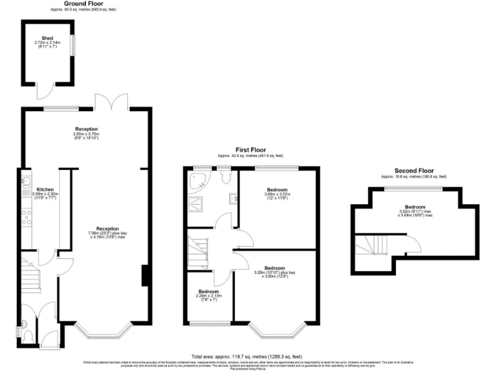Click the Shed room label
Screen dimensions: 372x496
point(47,38)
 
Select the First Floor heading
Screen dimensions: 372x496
point(250,152)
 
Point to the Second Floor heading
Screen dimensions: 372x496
point(413,172)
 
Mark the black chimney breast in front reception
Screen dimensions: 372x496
point(145,275)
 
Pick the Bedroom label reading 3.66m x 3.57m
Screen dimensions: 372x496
point(276,192)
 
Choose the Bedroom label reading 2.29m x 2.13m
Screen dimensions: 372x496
point(210,294)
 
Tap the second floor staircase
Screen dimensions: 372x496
point(373,245)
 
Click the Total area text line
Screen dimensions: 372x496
point(247,356)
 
